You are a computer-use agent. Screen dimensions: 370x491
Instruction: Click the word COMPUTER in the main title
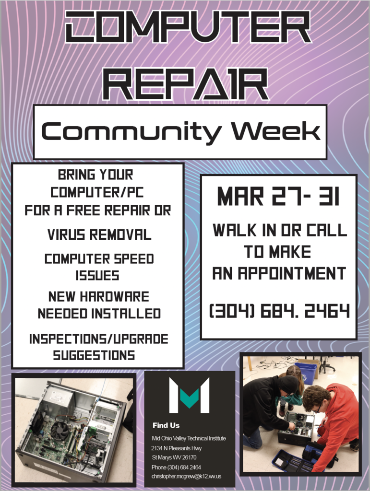pyautogui.click(x=188, y=27)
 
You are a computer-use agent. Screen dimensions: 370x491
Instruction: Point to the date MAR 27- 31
pyautogui.click(x=278, y=196)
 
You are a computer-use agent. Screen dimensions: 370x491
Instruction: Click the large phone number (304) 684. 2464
pyautogui.click(x=279, y=311)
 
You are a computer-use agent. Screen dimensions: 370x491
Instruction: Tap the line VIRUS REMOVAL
pyautogui.click(x=99, y=234)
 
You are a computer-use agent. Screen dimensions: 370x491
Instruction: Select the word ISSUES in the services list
pyautogui.click(x=97, y=276)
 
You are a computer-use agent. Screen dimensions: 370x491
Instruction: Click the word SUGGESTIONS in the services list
pyautogui.click(x=94, y=355)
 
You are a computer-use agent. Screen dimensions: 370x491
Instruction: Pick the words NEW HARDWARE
pyautogui.click(x=99, y=296)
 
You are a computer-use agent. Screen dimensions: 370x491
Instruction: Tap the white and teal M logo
pyautogui.click(x=189, y=395)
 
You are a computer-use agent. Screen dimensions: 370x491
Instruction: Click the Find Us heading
pyautogui.click(x=166, y=425)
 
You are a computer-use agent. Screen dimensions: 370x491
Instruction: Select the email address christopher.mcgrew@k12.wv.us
pyautogui.click(x=186, y=476)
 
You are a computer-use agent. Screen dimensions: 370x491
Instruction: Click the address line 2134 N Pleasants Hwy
pyautogui.click(x=177, y=448)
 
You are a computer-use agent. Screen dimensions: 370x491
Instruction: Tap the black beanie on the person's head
pyautogui.click(x=288, y=384)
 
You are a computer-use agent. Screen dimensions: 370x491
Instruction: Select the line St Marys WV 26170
pyautogui.click(x=174, y=457)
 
